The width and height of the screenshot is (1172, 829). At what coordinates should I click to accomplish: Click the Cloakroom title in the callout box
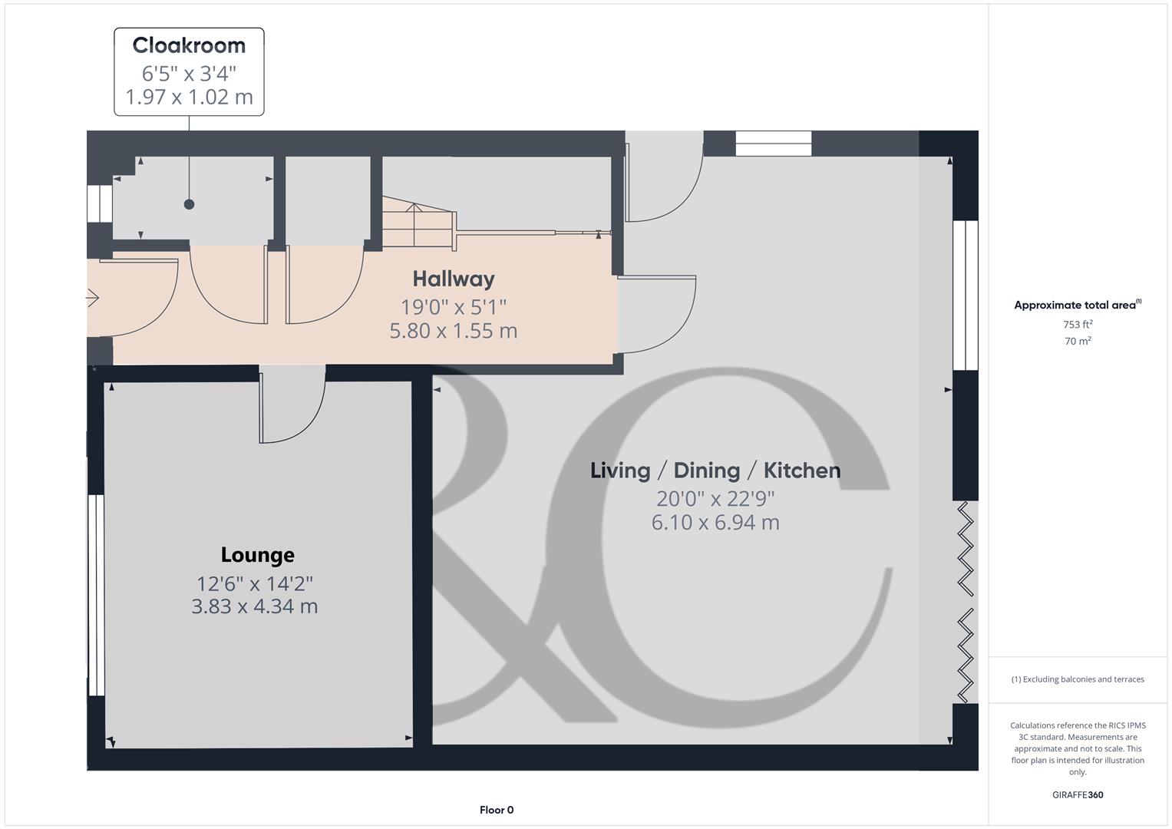pos(189,45)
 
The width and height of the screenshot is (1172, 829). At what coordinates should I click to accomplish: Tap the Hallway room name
pos(454,279)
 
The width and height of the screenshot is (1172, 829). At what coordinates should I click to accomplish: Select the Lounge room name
pos(257,555)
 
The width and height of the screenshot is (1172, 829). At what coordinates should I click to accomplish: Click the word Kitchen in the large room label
pos(802,471)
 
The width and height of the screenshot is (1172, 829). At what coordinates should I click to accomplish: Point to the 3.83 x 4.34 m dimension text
pos(254,606)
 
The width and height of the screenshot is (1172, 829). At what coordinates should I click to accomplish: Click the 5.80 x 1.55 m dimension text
pos(454,331)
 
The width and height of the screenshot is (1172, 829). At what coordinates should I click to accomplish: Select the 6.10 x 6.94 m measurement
pos(715,523)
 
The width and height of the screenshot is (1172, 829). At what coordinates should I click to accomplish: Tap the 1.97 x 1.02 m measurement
pos(189,97)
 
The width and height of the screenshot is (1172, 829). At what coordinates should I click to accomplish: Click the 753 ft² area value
pos(1078,325)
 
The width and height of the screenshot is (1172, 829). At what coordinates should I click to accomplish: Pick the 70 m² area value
pos(1078,341)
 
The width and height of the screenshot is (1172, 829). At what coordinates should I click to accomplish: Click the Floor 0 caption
pos(497,810)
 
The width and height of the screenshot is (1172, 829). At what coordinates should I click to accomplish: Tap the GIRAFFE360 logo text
pos(1078,795)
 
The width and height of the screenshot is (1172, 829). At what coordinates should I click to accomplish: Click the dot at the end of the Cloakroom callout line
pos(189,204)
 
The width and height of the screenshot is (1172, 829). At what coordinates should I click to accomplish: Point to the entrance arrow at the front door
pos(92,297)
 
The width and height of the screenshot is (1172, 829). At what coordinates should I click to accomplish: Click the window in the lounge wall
pos(96,595)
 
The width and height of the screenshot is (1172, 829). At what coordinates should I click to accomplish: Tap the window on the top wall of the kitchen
pos(774,144)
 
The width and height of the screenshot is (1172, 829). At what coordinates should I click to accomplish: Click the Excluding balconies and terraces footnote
pos(1078,679)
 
